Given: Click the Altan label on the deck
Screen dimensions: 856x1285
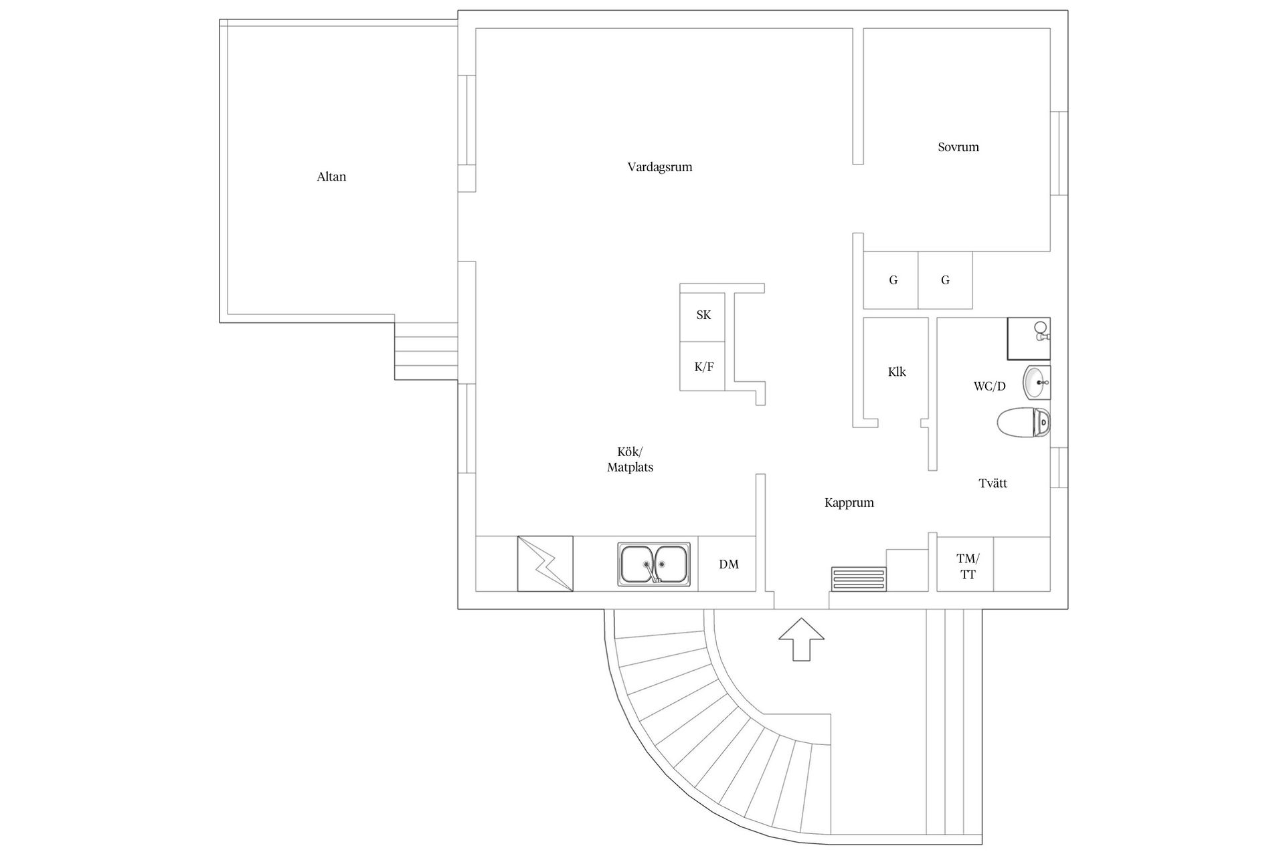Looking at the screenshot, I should pos(331,177).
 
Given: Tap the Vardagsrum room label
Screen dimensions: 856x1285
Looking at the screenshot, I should pos(659,167).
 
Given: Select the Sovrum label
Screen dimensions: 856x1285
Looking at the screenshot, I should pos(958,147).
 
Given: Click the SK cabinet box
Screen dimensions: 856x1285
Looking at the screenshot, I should pos(703,316).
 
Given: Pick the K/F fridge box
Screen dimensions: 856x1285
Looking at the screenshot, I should pos(703,366).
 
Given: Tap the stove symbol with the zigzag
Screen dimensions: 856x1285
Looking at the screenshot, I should pos(545,564).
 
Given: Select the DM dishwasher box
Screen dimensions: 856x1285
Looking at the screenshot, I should pos(727,564).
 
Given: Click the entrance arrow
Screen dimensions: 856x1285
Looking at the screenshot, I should pos(801,639).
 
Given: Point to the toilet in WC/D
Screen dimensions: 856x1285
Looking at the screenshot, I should pos(1023,423).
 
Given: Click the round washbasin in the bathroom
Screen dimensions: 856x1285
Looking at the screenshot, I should pos(1036,383).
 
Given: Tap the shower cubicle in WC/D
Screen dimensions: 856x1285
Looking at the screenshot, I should pos(1029,338).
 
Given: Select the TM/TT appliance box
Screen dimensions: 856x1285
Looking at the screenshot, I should pos(966,566).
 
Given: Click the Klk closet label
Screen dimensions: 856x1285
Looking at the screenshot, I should pos(896,372).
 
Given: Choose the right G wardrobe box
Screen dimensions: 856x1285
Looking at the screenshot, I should pos(944,280).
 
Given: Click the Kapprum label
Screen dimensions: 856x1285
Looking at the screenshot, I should pos(849,503).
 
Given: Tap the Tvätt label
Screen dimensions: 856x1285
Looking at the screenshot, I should pos(993,483).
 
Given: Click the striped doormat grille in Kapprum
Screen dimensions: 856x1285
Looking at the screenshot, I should pos(859,579).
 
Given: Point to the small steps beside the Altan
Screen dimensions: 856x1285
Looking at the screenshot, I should pos(426,352).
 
